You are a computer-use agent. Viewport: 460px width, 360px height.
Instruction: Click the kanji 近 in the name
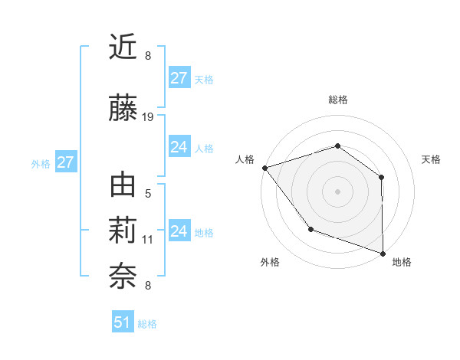pos(123,47)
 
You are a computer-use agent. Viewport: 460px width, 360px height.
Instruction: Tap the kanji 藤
pos(123,109)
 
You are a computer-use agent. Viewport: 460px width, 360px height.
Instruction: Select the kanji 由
pos(123,185)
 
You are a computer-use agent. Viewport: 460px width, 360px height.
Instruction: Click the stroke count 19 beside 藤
pos(148,117)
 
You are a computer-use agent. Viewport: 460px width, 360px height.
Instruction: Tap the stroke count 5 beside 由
pos(148,194)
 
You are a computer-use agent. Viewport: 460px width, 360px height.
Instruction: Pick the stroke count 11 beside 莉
pos(148,240)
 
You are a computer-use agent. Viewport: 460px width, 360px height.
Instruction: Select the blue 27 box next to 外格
pos(65,162)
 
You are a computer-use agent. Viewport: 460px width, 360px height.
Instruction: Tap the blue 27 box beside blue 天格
pos(179,78)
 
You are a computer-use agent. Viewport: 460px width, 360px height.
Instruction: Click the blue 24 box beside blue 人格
pos(179,147)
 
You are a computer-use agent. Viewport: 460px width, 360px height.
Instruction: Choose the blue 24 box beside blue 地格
pos(179,231)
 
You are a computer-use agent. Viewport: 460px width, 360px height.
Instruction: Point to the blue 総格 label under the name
pos(147,324)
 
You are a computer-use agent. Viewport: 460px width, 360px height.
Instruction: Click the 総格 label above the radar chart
pos(338,100)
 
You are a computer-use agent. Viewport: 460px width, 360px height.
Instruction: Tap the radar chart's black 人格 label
pos(245,159)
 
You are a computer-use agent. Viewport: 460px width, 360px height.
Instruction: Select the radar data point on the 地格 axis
pos(383,253)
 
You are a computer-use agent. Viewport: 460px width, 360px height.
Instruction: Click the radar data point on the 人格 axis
pos(264,168)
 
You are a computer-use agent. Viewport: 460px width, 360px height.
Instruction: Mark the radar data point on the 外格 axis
pos(310,229)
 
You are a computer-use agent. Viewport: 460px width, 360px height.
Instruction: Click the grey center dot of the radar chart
pos(338,191)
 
